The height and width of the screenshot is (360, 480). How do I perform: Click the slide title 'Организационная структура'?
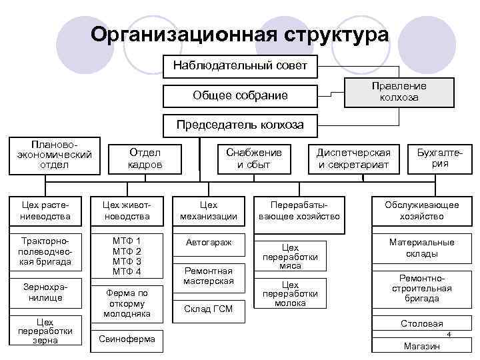pos(239,34)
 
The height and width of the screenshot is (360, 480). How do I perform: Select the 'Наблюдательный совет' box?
pos(240,65)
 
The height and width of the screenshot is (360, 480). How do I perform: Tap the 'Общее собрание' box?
pos(240,95)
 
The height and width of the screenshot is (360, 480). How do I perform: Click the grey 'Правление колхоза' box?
pos(399,92)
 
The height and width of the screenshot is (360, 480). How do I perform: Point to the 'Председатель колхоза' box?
pos(240,125)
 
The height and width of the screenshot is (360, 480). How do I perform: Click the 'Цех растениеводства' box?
pos(45,210)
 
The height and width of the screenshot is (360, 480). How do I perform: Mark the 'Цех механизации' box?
pos(209,210)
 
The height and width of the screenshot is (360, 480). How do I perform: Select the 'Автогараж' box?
pos(209,243)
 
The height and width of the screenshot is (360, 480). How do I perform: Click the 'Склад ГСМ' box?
pos(209,308)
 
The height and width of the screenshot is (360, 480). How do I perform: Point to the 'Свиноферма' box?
pos(127,339)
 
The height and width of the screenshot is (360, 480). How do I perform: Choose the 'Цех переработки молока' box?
pos(290,294)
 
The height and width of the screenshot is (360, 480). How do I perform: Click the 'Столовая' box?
pos(421,324)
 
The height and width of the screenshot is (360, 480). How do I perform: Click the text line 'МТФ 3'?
pos(127,261)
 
